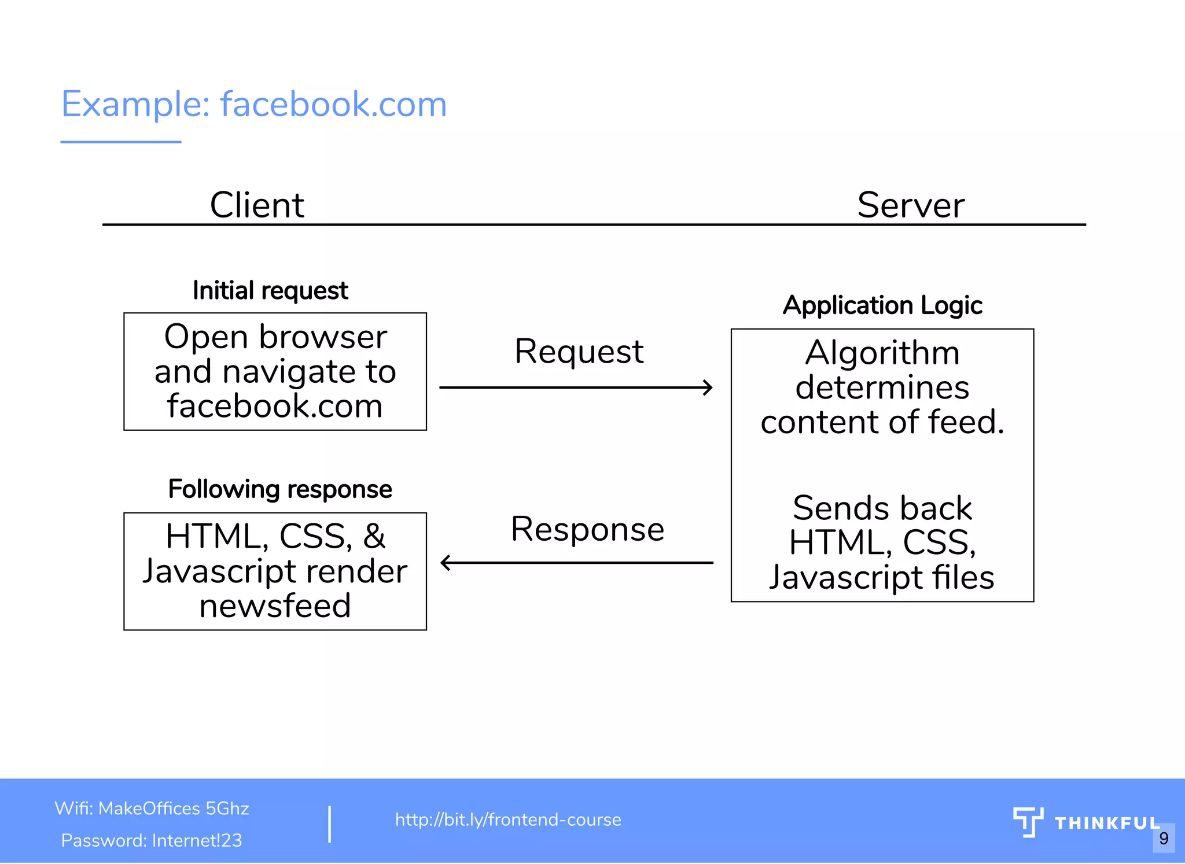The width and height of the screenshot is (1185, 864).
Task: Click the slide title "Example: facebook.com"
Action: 254,105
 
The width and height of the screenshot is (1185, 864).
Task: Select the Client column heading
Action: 257,205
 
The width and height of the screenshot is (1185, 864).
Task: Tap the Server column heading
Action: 911,205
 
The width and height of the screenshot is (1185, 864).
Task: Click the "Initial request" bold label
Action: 270,290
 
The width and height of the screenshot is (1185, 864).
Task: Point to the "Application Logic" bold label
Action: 882,305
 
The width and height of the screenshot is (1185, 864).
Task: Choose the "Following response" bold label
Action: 280,489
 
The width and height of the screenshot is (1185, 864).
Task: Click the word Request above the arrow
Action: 579,352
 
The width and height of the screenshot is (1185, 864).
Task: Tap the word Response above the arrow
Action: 587,529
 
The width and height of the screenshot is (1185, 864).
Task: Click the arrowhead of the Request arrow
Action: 708,387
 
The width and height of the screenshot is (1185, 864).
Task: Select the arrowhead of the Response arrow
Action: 445,562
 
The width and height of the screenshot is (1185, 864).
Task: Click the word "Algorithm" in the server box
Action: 882,353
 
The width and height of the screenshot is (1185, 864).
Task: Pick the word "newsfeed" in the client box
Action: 275,606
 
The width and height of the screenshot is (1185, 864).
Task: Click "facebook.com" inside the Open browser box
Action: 275,406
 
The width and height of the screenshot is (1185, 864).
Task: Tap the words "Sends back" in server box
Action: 882,508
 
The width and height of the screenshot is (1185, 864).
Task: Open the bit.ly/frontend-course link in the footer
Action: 508,819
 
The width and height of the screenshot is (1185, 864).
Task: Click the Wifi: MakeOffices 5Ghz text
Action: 152,808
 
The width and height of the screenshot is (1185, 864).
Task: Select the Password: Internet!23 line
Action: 152,840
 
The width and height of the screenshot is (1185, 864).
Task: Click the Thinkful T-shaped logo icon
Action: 1028,822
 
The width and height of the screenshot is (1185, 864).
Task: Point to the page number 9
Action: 1164,838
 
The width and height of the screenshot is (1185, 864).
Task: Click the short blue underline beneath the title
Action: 121,142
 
